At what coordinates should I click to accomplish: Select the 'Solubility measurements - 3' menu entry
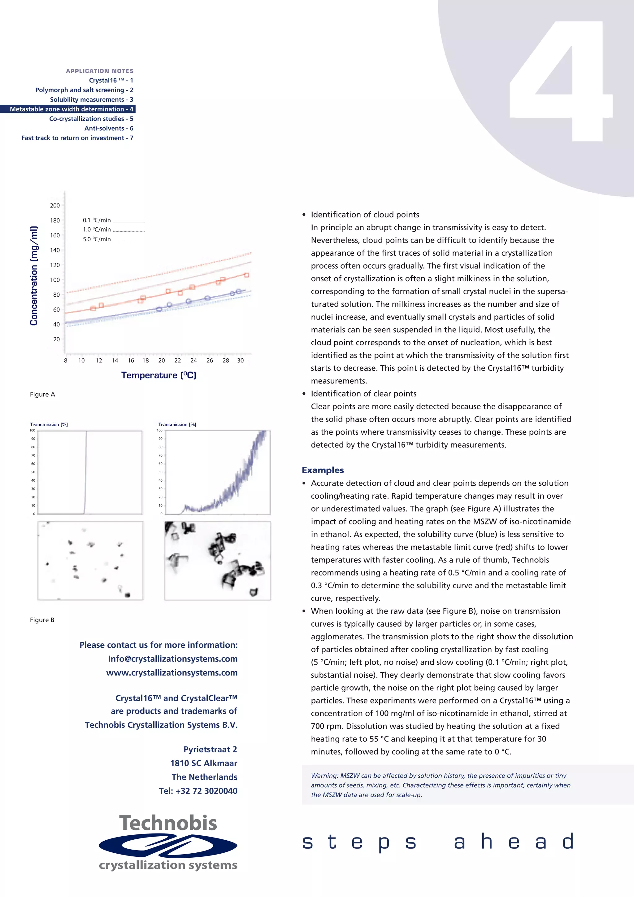click(x=91, y=100)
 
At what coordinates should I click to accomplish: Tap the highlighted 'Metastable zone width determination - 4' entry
click(x=72, y=109)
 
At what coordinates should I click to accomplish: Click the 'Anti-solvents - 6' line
click(x=109, y=128)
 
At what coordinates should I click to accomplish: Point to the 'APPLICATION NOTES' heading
click(x=100, y=71)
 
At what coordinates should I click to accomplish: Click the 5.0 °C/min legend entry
click(x=113, y=239)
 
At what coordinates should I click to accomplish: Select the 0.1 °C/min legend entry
click(x=113, y=220)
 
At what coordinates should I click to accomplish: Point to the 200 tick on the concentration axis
click(x=55, y=205)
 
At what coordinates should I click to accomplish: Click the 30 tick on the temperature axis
click(x=241, y=361)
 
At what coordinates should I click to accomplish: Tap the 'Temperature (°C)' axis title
click(x=158, y=375)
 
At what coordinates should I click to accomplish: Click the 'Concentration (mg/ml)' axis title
click(x=34, y=275)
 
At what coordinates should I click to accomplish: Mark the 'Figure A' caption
click(x=42, y=394)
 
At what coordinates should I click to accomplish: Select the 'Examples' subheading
click(x=323, y=470)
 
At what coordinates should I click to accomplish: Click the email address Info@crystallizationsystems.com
click(x=172, y=659)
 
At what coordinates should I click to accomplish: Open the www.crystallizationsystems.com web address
click(x=172, y=672)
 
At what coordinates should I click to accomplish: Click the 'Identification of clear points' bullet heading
click(x=363, y=393)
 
